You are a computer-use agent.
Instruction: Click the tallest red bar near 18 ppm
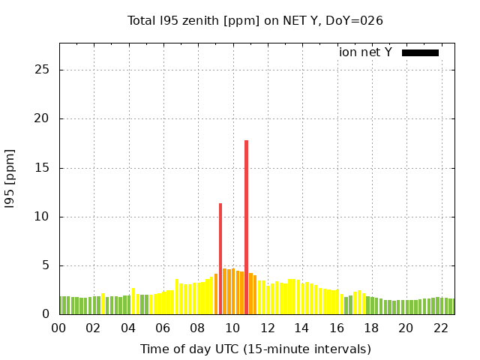pyautogui.click(x=246, y=225)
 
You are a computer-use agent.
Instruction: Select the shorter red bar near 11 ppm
pyautogui.click(x=220, y=259)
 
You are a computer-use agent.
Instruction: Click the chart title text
pyautogui.click(x=255, y=20)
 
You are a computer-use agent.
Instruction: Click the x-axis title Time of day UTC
pyautogui.click(x=255, y=349)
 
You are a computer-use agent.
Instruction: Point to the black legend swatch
pyautogui.click(x=420, y=52)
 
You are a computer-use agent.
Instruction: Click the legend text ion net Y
pyautogui.click(x=365, y=52)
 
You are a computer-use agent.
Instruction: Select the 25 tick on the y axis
pyautogui.click(x=47, y=70)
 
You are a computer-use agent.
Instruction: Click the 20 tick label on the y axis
pyautogui.click(x=47, y=118)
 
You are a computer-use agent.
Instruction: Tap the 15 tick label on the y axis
pyautogui.click(x=47, y=168)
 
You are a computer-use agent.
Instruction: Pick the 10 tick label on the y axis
pyautogui.click(x=47, y=217)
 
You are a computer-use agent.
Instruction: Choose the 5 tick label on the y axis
pyautogui.click(x=50, y=265)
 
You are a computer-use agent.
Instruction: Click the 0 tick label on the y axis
pyautogui.click(x=50, y=314)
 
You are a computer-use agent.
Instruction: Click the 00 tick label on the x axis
pyautogui.click(x=59, y=328)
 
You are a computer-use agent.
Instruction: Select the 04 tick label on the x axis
pyautogui.click(x=129, y=328)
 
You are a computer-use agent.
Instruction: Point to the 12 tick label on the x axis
pyautogui.click(x=267, y=328)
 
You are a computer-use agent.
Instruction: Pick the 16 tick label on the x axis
pyautogui.click(x=337, y=328)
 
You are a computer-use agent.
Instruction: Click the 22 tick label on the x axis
pyautogui.click(x=441, y=328)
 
